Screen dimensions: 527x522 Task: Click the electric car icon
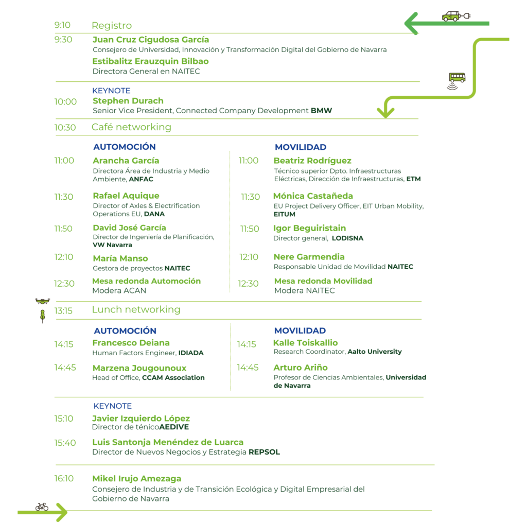pyautogui.click(x=456, y=16)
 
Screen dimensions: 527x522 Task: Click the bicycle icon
pyautogui.click(x=42, y=507)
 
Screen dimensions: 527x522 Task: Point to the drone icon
pyautogui.click(x=42, y=301)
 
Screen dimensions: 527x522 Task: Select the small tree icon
pyautogui.click(x=42, y=316)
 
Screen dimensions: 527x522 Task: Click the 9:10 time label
pyautogui.click(x=62, y=25)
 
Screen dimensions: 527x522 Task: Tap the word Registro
pyautogui.click(x=112, y=26)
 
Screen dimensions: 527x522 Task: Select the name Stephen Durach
pyautogui.click(x=128, y=101)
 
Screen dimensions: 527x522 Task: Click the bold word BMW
pyautogui.click(x=321, y=111)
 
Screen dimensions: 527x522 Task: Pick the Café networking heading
pyautogui.click(x=131, y=127)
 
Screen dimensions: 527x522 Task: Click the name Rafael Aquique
pyautogui.click(x=126, y=196)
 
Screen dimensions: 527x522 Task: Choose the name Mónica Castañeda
pyautogui.click(x=313, y=196)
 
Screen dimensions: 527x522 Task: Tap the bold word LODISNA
pyautogui.click(x=347, y=238)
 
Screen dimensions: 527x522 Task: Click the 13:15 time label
pyautogui.click(x=63, y=310)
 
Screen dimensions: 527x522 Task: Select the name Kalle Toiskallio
pyautogui.click(x=306, y=343)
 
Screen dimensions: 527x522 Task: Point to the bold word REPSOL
pyautogui.click(x=264, y=452)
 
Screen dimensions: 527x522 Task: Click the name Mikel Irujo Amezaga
pyautogui.click(x=137, y=479)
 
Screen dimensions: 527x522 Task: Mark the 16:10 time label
pyautogui.click(x=64, y=479)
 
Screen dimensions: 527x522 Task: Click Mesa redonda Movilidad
pyautogui.click(x=323, y=281)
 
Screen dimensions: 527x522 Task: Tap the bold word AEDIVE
pyautogui.click(x=174, y=427)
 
